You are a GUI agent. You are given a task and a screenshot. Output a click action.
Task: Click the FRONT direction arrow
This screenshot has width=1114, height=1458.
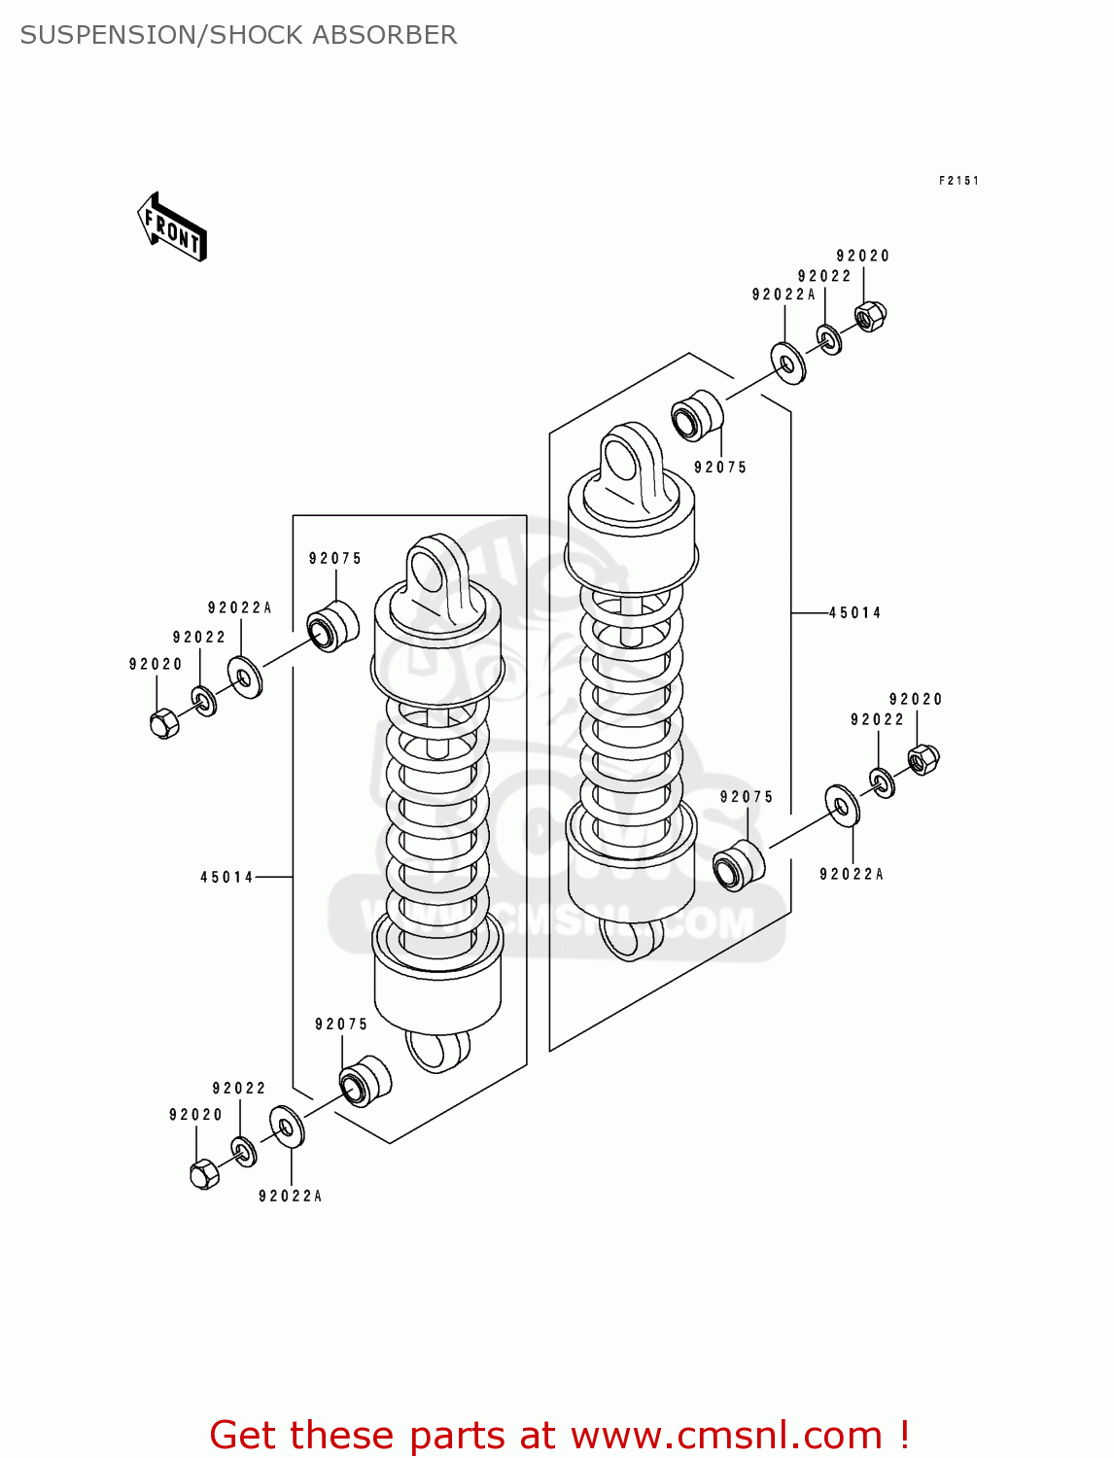(172, 227)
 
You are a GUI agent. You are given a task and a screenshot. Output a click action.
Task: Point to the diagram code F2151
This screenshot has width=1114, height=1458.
(958, 181)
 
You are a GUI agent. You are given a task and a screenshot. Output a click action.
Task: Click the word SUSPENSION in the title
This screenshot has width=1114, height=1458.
(106, 35)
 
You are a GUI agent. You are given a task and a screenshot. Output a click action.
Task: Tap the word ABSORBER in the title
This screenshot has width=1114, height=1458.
(384, 35)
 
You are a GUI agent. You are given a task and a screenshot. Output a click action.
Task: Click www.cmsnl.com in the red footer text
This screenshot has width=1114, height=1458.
(726, 1436)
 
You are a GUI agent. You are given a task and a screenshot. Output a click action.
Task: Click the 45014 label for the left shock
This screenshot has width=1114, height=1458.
(226, 878)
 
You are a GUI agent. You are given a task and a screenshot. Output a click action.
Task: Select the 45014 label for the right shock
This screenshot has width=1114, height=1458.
(854, 613)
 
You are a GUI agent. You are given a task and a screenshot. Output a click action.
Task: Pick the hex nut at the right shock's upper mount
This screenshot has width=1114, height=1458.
(870, 316)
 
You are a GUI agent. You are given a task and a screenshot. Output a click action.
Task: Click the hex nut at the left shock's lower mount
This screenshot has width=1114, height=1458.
(204, 1174)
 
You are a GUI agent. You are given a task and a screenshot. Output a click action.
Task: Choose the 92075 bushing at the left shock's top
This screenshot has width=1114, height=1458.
(332, 626)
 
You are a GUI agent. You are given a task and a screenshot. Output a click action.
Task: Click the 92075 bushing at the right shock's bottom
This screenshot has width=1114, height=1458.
(738, 865)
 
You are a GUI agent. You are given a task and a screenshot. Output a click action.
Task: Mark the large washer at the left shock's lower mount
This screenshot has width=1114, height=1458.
(287, 1126)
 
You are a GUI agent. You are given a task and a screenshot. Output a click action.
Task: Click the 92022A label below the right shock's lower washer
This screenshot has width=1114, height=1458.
(851, 875)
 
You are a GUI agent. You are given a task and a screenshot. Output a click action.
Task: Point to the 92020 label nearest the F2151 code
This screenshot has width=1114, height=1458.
(862, 256)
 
